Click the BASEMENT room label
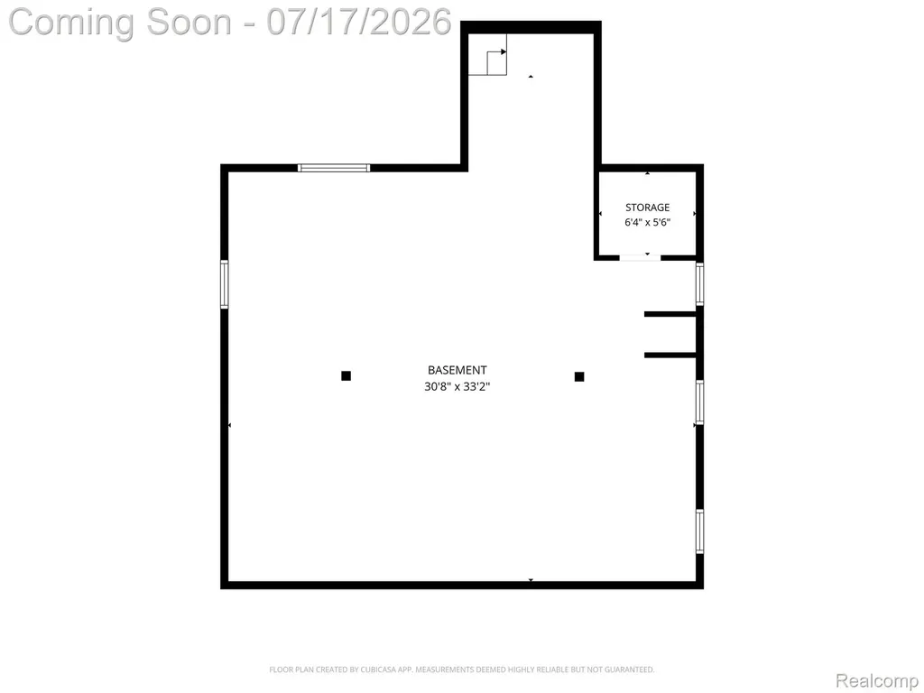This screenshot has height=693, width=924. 457,370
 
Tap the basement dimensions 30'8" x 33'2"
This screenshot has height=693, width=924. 457,386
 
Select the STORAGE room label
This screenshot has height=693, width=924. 648,208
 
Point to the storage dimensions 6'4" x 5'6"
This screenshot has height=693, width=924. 648,222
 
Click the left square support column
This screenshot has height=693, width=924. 346,376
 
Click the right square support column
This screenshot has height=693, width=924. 579,376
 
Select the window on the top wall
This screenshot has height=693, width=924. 334,168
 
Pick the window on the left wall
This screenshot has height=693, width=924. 225,284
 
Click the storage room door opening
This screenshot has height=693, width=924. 640,257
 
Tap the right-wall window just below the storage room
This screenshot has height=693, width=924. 699,284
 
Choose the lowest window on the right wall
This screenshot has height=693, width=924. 699,531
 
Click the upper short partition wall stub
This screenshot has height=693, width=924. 670,314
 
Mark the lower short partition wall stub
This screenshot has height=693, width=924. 670,356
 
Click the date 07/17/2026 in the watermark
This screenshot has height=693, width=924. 359,23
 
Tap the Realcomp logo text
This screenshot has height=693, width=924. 877,680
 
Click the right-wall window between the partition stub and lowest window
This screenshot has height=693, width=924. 699,402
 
